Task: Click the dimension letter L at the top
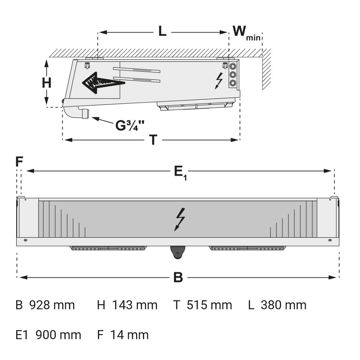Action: coord(163,31)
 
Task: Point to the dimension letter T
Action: coord(153,140)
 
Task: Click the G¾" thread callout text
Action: coord(130,126)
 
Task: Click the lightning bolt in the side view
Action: coord(218,80)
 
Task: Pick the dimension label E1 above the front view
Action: coord(180,172)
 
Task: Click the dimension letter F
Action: coord(19,162)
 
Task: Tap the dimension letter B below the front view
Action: coord(178,278)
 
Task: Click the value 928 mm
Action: coord(52,305)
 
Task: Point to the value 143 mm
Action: coord(135,305)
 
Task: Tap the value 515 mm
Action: coord(209,305)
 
